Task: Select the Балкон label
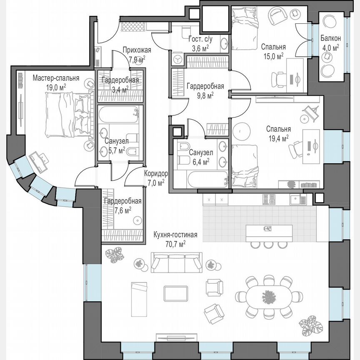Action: pyautogui.click(x=330, y=38)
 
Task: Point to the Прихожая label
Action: pyautogui.click(x=137, y=50)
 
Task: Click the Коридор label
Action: pyautogui.click(x=156, y=174)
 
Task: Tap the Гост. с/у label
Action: pyautogui.click(x=200, y=40)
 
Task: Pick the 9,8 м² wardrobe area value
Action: pyautogui.click(x=205, y=95)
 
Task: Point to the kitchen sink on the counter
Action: pyautogui.click(x=297, y=200)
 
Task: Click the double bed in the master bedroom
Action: pyautogui.click(x=68, y=115)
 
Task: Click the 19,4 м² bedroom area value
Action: pyautogui.click(x=279, y=137)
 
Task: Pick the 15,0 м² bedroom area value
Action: pyautogui.click(x=273, y=55)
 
